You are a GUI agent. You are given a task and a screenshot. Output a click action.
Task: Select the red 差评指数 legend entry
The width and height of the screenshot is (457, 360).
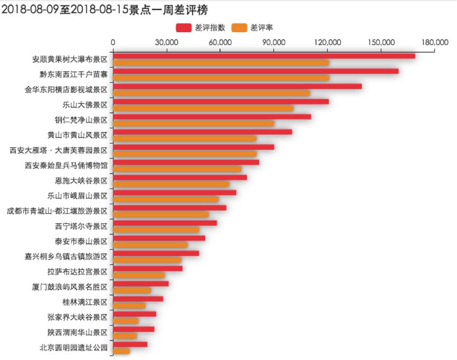click(201, 27)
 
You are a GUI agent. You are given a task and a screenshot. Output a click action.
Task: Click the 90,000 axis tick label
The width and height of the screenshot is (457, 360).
click(274, 43)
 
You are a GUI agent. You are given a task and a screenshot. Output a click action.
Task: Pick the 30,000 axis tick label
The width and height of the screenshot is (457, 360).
click(167, 43)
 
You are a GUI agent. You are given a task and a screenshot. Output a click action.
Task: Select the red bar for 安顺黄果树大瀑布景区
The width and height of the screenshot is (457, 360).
click(264, 56)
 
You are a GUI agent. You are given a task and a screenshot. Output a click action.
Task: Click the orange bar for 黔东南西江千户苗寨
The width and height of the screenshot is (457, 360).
click(221, 78)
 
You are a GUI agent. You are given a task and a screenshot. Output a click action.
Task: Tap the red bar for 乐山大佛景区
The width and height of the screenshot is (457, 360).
click(221, 101)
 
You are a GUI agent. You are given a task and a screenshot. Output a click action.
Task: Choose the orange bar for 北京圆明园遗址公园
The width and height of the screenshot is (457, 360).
click(121, 351)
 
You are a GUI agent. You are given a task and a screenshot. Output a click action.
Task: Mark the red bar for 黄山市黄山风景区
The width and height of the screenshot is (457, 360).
click(202, 131)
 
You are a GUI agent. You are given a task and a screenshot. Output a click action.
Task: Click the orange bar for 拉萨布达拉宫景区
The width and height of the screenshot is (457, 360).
click(139, 275)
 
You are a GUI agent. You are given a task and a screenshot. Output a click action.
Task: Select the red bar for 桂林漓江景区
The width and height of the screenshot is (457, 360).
click(138, 299)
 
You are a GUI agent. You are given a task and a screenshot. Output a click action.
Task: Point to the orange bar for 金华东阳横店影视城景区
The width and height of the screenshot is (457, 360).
click(211, 93)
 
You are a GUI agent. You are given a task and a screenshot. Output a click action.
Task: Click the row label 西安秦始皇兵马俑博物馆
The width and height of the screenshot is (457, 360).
click(66, 165)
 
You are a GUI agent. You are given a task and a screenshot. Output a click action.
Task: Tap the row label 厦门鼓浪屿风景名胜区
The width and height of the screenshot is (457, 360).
click(69, 287)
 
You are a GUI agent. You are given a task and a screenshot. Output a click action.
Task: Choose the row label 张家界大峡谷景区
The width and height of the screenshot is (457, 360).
click(77, 317)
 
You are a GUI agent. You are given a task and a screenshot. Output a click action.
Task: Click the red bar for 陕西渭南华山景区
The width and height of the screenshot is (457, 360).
click(134, 329)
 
